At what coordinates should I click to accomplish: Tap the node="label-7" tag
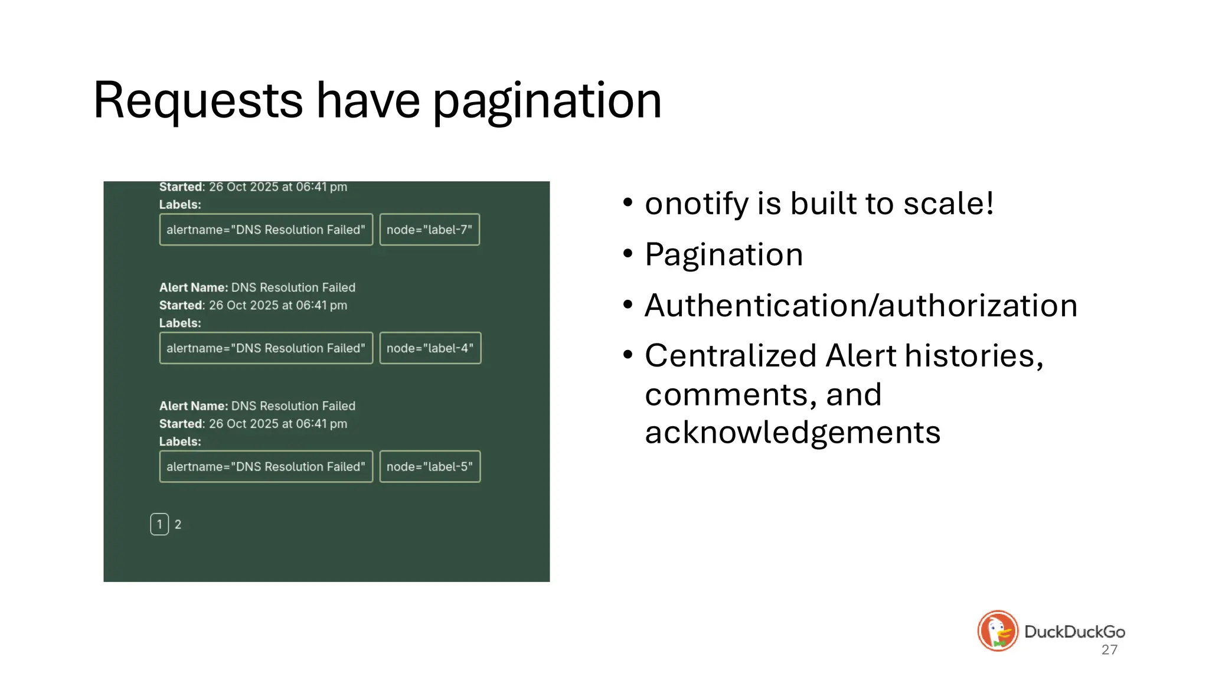click(x=429, y=230)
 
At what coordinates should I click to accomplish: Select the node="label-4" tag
click(x=430, y=348)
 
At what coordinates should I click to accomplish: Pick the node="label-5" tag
click(x=430, y=467)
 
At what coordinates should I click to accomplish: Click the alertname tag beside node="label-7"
click(x=266, y=230)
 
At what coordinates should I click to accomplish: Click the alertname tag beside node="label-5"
click(x=266, y=467)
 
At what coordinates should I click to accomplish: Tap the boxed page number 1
click(x=159, y=524)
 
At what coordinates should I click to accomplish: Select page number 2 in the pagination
click(x=178, y=524)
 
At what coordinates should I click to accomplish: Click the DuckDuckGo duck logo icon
click(x=998, y=630)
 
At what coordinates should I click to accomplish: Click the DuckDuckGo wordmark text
click(x=1074, y=632)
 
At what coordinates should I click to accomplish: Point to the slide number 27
click(x=1109, y=650)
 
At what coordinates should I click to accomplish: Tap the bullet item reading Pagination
click(x=724, y=255)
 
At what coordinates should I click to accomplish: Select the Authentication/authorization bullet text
click(x=861, y=306)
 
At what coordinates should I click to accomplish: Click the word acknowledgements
click(x=792, y=433)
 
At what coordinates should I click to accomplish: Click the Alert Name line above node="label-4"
click(x=257, y=287)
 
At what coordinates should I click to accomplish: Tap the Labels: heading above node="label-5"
click(x=180, y=442)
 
